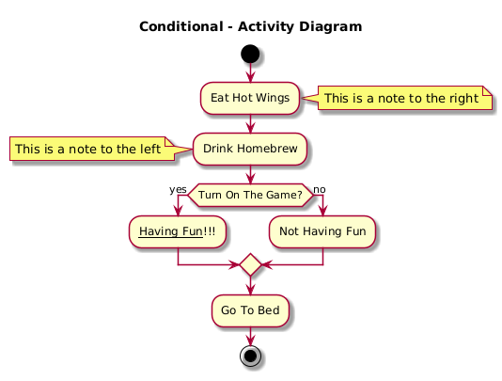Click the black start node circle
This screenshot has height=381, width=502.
pos(250,54)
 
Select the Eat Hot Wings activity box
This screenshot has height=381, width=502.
pos(250,98)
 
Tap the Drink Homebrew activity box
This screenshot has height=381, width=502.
pos(250,149)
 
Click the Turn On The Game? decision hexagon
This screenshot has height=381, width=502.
pos(250,195)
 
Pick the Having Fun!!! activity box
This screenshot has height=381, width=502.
pos(178,231)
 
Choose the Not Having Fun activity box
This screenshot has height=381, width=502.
pos(322,231)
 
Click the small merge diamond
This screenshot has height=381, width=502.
pos(250,264)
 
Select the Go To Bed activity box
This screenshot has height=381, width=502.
pos(250,310)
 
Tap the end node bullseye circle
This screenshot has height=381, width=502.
pos(250,356)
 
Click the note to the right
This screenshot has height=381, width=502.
pos(400,98)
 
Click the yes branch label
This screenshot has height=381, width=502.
pos(178,189)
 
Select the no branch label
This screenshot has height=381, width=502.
pos(320,190)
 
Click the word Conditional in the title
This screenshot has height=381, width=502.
pos(181,26)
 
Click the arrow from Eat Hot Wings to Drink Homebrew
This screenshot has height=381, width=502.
pos(250,123)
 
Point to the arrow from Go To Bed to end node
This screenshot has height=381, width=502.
pos(250,337)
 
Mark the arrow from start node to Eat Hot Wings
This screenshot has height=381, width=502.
pos(250,72)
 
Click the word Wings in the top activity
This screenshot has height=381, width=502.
pos(273,98)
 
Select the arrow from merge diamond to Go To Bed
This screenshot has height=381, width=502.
pos(250,285)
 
